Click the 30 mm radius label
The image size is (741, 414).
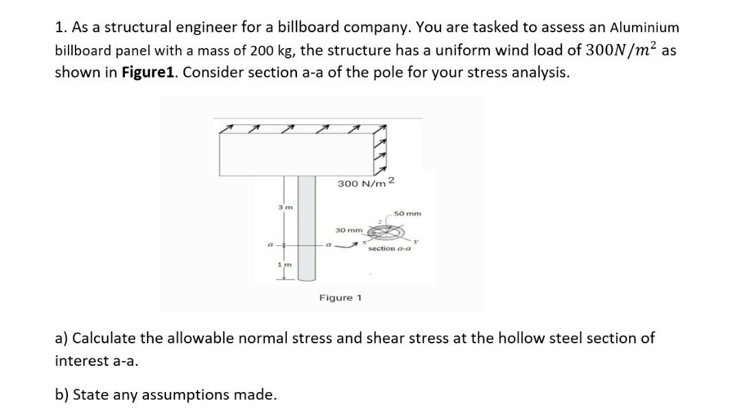(x=349, y=229)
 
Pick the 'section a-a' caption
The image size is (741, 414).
(x=389, y=248)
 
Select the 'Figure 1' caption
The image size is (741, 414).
(x=341, y=298)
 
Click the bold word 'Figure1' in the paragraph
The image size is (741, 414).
(x=149, y=73)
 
